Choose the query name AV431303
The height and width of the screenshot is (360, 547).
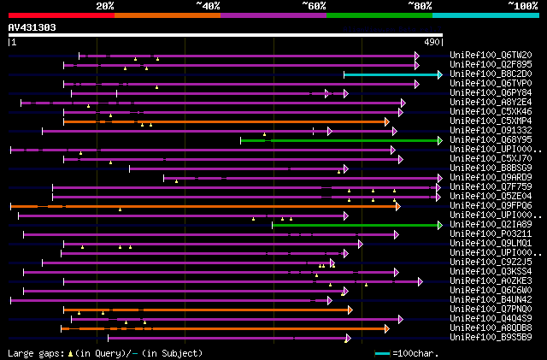[32, 27]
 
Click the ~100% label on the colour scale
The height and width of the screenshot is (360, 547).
[521, 6]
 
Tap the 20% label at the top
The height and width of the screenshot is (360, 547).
[105, 6]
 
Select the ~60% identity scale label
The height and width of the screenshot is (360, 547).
[314, 6]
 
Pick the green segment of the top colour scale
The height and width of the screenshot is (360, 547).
[379, 15]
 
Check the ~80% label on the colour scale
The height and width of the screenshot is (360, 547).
[420, 6]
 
